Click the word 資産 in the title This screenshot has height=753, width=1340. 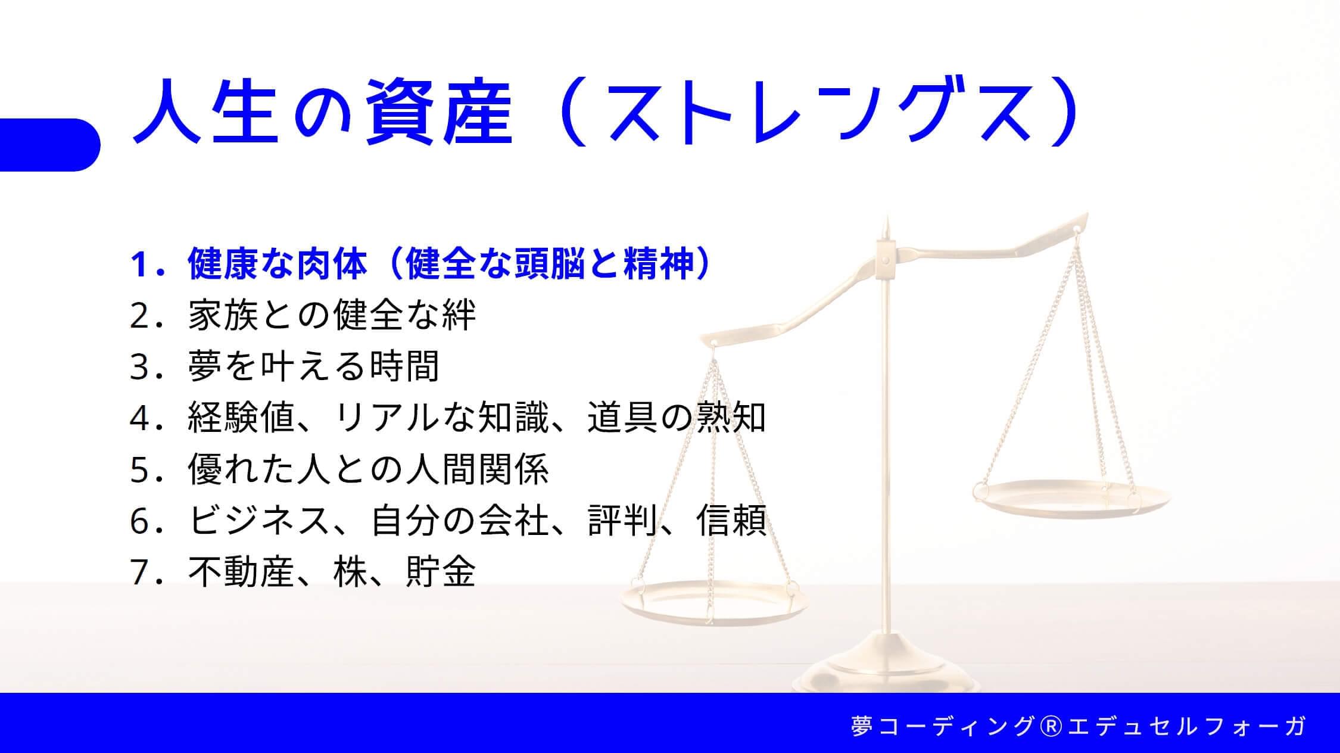(x=438, y=113)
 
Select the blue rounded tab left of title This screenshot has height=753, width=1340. (x=49, y=145)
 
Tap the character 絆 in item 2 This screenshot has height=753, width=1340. (x=459, y=315)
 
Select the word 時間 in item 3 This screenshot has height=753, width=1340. (x=404, y=366)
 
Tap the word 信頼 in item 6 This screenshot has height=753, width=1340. (x=731, y=521)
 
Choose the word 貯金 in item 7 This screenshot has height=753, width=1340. (x=441, y=572)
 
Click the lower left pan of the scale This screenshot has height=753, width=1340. (x=709, y=602)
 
